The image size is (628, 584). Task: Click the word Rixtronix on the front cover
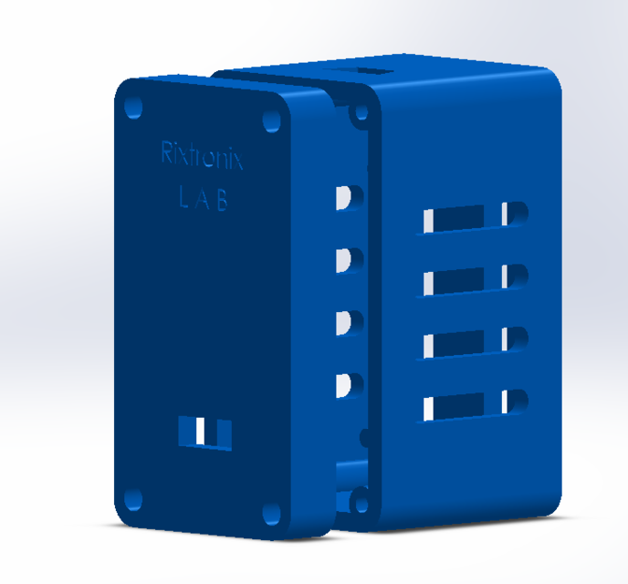[203, 154]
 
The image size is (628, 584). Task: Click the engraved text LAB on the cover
[203, 200]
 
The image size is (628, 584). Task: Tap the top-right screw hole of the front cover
[272, 120]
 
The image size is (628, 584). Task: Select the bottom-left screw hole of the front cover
[134, 498]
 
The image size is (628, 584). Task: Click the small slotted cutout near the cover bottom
[204, 433]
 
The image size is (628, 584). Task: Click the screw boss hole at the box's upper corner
[360, 113]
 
